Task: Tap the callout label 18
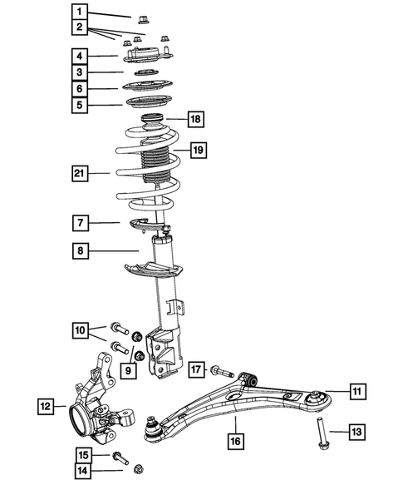[195, 119]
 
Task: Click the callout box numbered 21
[78, 173]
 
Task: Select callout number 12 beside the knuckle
[45, 407]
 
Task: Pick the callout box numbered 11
[355, 389]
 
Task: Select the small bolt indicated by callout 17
[219, 369]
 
